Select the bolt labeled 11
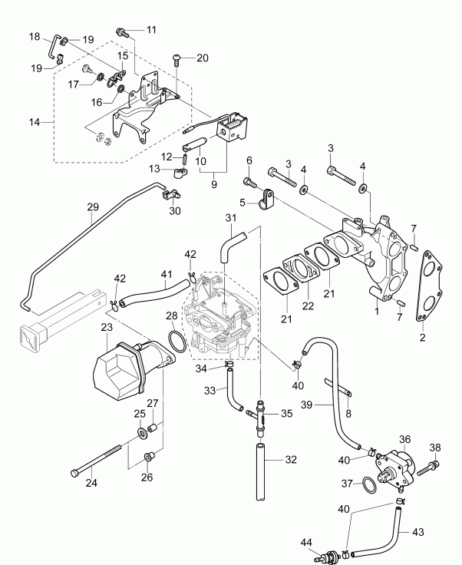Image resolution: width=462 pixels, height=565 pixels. pos(122,31)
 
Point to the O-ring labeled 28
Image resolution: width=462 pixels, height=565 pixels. pos(174,341)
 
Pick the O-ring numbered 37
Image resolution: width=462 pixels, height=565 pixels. pos(368,484)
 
